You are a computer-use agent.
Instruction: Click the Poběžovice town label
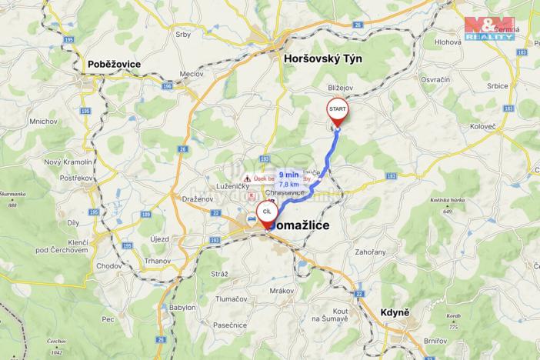114,65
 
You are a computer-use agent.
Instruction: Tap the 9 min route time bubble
289,179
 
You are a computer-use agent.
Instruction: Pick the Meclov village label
191,74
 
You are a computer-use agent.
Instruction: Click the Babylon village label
182,306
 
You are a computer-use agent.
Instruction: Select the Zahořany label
371,252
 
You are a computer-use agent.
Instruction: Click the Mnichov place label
44,121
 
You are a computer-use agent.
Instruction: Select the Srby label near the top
183,35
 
